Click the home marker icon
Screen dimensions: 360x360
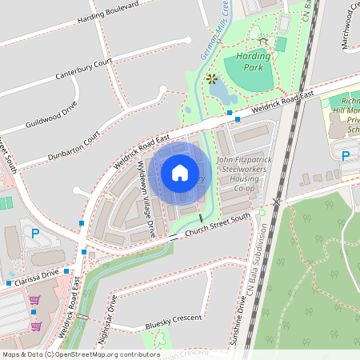click(x=179, y=171)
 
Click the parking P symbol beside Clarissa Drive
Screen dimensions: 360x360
click(x=34, y=234)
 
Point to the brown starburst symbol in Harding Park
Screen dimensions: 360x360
click(x=212, y=78)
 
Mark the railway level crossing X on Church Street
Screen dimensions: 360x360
click(x=276, y=202)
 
